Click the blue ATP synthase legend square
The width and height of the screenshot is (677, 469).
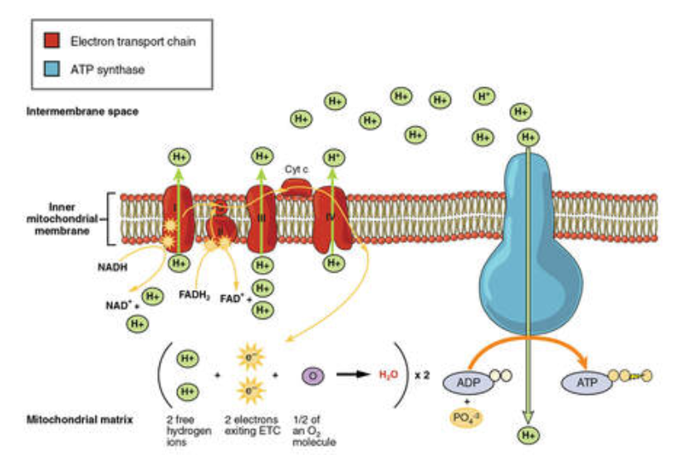[52, 70]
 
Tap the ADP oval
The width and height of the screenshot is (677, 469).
[469, 382]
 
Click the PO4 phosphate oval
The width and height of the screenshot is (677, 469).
[470, 417]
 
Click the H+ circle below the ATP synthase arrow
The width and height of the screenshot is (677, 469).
[527, 434]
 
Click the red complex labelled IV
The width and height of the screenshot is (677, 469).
[332, 219]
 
